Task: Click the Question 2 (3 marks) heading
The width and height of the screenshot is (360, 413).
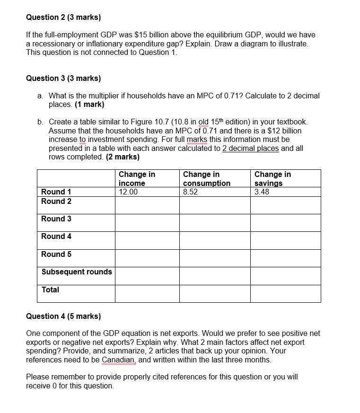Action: coord(63,18)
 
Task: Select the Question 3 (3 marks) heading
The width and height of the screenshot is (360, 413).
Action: coord(63,78)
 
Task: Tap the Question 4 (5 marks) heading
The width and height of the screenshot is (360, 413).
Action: coord(63,316)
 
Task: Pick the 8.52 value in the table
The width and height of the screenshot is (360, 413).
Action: coord(191,192)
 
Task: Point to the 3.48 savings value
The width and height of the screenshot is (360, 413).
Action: coord(262,192)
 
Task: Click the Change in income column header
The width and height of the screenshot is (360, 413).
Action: coord(137,178)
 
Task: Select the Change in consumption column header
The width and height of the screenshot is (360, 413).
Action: coord(207,178)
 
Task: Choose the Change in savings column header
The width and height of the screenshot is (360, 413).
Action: coord(272,178)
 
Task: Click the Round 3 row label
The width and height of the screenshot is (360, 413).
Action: coord(56,219)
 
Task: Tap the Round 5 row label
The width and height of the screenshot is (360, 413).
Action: coord(56,255)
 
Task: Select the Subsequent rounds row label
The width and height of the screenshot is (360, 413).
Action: coord(77,272)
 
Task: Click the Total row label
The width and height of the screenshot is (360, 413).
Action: coord(50,290)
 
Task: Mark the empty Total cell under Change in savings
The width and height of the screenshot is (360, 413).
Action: coord(285,294)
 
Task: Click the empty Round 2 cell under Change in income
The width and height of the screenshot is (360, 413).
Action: coord(147,205)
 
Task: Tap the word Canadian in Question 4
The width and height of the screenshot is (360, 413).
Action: coord(119,360)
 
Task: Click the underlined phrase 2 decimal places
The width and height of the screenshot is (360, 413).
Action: coord(250,148)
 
